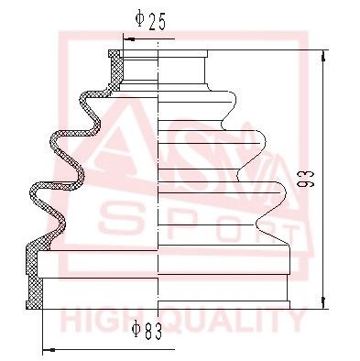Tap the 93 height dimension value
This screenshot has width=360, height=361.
[x=308, y=183]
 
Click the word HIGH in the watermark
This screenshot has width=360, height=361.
[x=100, y=322]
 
